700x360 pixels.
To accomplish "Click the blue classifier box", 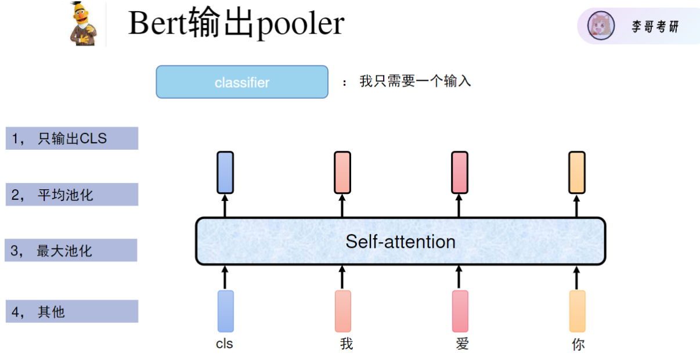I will coord(242,82).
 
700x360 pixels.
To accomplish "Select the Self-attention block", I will coord(400,241).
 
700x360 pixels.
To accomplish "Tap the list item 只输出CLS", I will coord(72,139).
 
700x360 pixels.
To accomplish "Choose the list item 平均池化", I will coord(72,195).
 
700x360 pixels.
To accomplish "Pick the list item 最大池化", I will coord(71,251).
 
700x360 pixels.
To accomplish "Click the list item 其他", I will coord(72,312).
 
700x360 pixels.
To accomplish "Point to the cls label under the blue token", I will coord(225,344).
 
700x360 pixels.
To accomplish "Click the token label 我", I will coord(347,344).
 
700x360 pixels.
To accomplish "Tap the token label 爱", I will coord(462,344).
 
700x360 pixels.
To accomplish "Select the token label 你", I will coord(578,344).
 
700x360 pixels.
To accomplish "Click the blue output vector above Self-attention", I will coord(225,172).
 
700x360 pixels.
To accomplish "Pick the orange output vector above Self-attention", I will coord(577,172).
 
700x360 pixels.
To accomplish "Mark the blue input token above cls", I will coord(226,311).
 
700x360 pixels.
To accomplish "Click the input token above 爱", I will coord(460,311).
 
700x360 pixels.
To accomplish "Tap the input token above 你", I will coord(578,311).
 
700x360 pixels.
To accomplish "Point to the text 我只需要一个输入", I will coord(415,81).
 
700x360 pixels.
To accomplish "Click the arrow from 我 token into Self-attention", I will coord(342,277).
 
